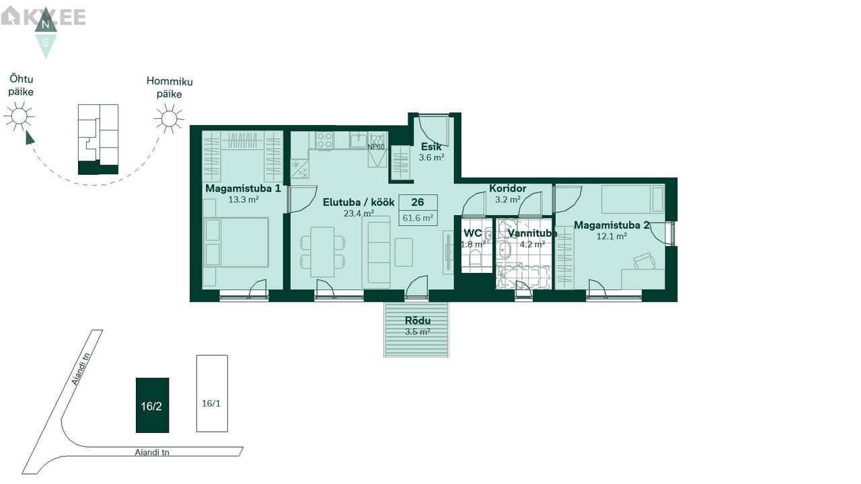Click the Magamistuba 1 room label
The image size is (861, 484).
coord(243,189)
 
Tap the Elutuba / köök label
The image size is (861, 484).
coord(359,202)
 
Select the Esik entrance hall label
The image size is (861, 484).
coord(431,147)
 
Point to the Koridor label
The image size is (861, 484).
coord(507,189)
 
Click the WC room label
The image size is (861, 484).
coord(472,233)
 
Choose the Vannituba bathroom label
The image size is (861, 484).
coord(532,233)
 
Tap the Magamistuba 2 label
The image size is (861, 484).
coord(611,225)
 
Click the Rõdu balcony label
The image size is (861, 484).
coord(418,321)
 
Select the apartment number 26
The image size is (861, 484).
coord(418,202)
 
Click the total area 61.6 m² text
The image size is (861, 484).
coord(418,218)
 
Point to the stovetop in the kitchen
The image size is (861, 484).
coord(325,140)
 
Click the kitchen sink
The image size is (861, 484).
coord(359,140)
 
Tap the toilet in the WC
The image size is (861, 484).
coord(475,257)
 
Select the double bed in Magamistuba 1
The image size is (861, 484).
coord(236,242)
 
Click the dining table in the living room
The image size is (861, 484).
coord(322,252)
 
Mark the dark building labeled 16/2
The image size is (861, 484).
coord(152,405)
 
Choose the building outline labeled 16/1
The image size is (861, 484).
coord(212,393)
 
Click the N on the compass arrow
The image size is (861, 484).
coord(45,25)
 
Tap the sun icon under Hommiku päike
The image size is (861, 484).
coord(169,118)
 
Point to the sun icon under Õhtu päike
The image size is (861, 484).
coord(19,116)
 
